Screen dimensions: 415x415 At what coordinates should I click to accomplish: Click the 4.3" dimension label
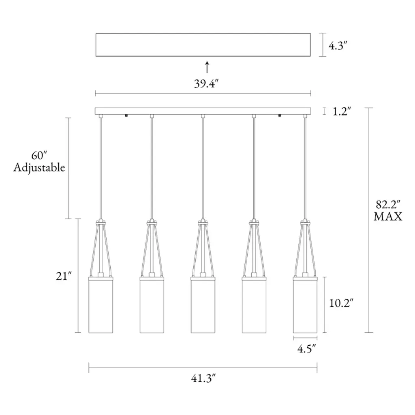pyautogui.click(x=338, y=46)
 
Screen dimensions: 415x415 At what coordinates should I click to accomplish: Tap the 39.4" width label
pyautogui.click(x=206, y=83)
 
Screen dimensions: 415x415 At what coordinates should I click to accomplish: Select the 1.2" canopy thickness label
pyautogui.click(x=342, y=112)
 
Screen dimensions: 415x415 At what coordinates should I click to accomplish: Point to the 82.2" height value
pyautogui.click(x=388, y=205)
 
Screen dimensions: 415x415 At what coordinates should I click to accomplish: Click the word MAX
pyautogui.click(x=388, y=216)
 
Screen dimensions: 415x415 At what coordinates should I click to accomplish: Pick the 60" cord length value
pyautogui.click(x=39, y=156)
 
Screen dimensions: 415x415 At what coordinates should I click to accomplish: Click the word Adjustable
pyautogui.click(x=39, y=167)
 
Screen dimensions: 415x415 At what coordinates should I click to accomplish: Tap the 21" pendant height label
pyautogui.click(x=64, y=276)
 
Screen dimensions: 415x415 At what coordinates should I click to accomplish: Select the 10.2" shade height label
pyautogui.click(x=341, y=303)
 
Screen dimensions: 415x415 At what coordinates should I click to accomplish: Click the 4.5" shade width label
pyautogui.click(x=306, y=349)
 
